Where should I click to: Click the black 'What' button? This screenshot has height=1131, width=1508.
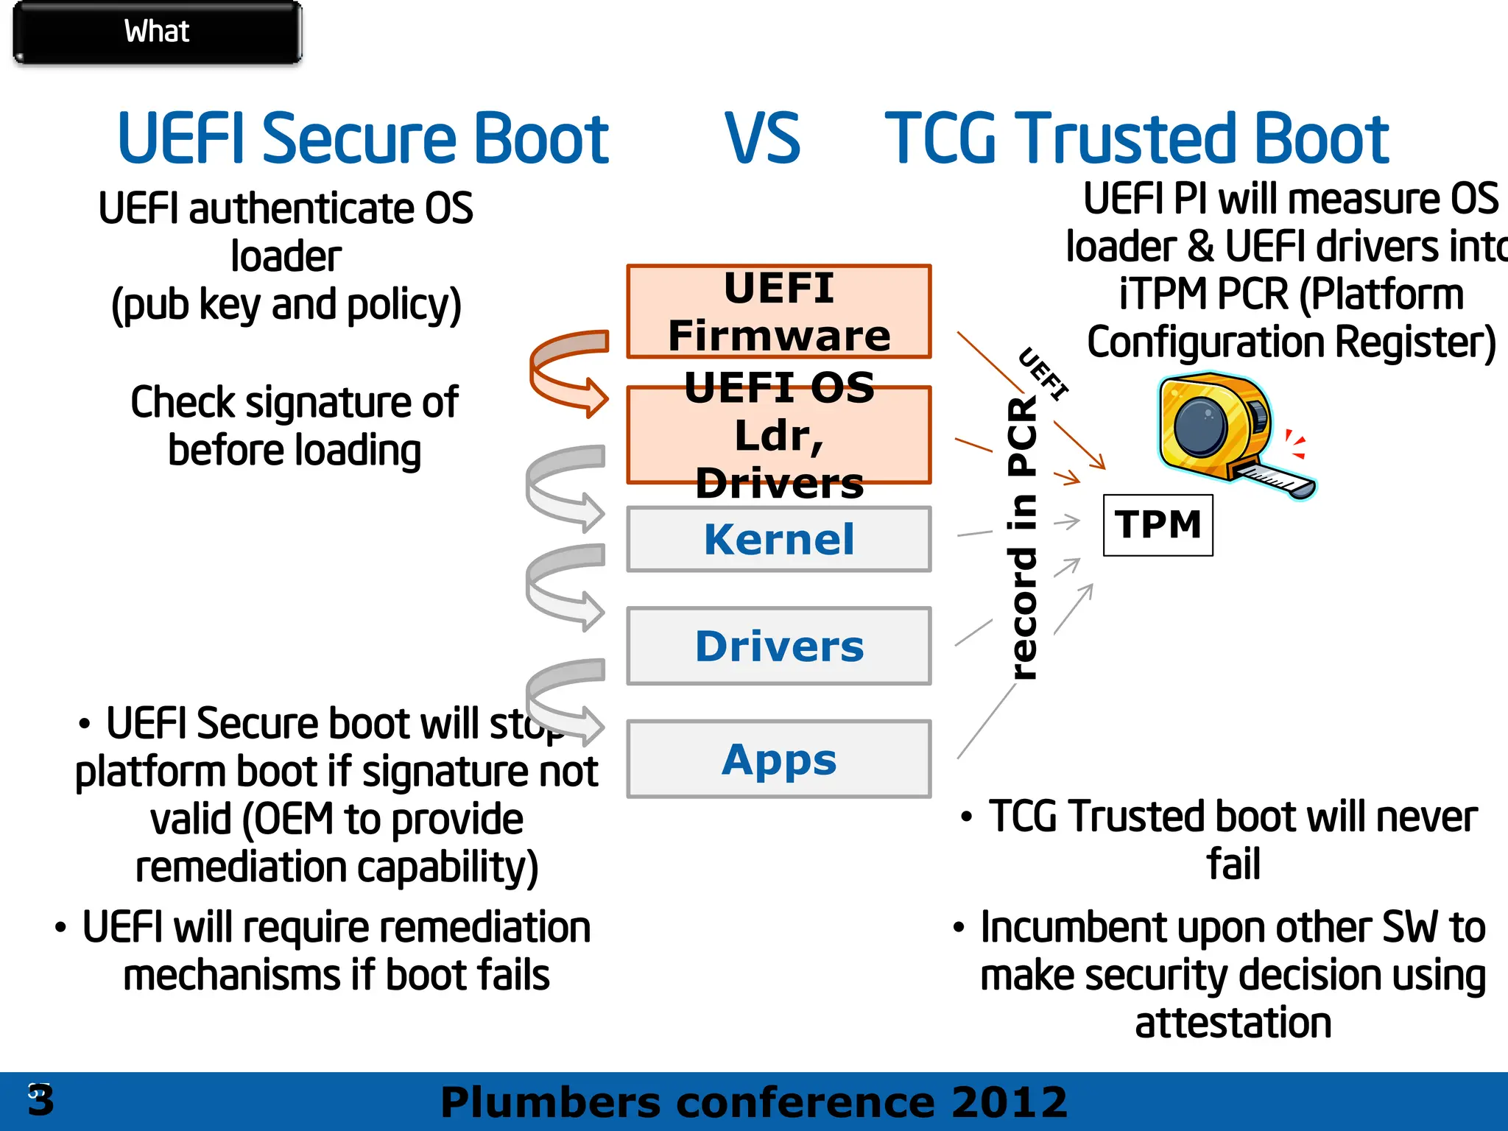(157, 32)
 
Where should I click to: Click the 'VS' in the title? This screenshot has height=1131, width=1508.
(762, 138)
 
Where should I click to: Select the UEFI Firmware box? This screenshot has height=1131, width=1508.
(779, 311)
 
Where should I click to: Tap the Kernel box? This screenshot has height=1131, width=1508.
(779, 539)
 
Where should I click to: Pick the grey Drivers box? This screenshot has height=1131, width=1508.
(779, 646)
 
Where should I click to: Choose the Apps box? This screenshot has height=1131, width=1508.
(779, 759)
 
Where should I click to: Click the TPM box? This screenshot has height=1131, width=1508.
(1158, 525)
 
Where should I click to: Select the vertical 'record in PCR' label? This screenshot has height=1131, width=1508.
(1023, 538)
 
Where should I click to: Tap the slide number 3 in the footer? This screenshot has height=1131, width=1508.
(40, 1101)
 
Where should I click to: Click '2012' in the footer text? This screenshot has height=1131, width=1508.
(1008, 1102)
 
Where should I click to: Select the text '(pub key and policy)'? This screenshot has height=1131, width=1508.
(286, 305)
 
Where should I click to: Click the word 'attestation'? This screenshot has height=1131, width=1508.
(1233, 1023)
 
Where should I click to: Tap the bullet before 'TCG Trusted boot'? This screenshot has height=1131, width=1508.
(967, 817)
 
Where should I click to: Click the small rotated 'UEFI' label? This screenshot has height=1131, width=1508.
(1043, 373)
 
